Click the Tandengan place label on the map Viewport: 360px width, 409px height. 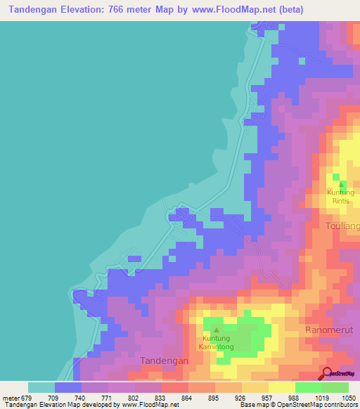[x=165, y=360]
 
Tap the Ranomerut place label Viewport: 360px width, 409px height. [x=328, y=329]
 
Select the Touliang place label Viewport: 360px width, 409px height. [x=342, y=226]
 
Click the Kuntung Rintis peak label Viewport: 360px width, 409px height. [x=340, y=196]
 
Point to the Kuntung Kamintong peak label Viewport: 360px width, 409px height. [x=216, y=342]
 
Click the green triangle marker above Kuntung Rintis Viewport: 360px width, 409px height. [x=341, y=184]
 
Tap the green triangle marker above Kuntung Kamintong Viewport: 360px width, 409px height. [x=217, y=330]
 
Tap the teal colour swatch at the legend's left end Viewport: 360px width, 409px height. [x=41, y=387]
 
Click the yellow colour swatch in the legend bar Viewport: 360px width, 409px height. [x=281, y=387]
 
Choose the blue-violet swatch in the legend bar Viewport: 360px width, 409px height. [x=68, y=387]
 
